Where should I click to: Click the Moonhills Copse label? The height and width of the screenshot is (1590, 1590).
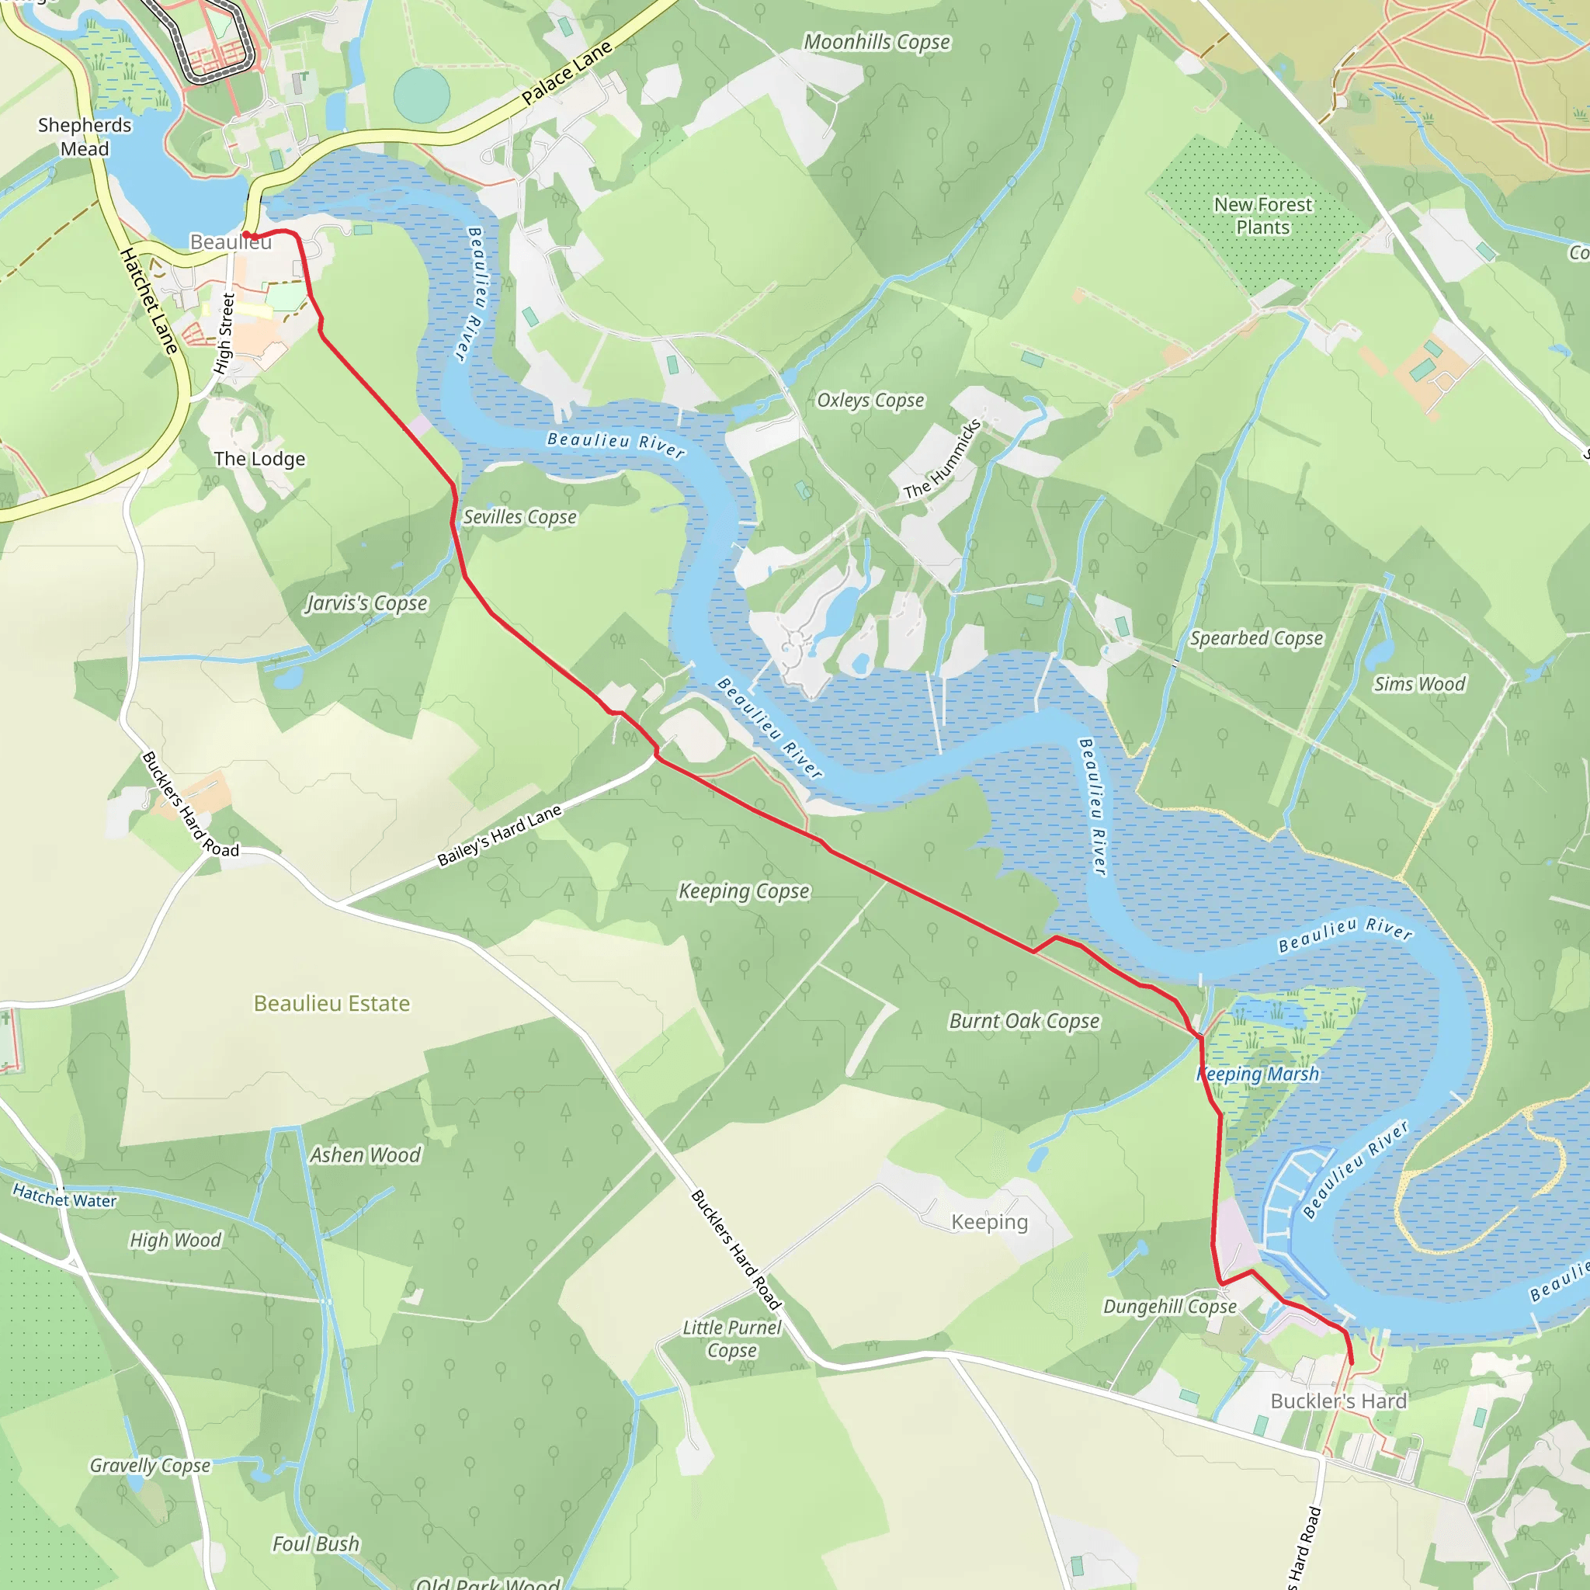[x=877, y=42]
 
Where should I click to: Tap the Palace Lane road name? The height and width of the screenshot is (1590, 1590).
[x=567, y=72]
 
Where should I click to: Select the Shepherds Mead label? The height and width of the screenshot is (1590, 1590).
[x=85, y=137]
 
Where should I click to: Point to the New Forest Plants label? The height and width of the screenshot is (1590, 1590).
[x=1262, y=216]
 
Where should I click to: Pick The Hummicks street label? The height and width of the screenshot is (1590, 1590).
[x=943, y=460]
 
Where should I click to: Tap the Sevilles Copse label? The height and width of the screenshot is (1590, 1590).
[x=519, y=518]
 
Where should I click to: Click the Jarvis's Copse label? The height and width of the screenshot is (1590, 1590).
[x=367, y=603]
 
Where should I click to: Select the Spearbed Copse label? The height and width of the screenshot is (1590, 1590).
[x=1256, y=639]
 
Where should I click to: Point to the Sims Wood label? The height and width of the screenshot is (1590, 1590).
[x=1420, y=684]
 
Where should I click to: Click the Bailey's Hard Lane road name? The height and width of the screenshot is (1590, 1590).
[x=498, y=835]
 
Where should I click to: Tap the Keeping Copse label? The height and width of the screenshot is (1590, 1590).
[x=744, y=891]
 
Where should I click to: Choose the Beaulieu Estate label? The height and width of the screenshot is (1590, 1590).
[x=332, y=1003]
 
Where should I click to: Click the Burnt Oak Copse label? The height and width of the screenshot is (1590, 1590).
[x=1024, y=1022]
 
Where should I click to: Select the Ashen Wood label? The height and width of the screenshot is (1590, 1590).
[x=365, y=1155]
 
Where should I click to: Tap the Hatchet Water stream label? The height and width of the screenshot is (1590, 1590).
[x=65, y=1196]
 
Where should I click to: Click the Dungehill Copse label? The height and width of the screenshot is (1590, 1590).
[x=1169, y=1307]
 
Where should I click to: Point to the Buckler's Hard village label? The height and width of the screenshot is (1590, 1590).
[x=1338, y=1401]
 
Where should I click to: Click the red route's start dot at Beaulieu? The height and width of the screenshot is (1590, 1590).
[x=246, y=235]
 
